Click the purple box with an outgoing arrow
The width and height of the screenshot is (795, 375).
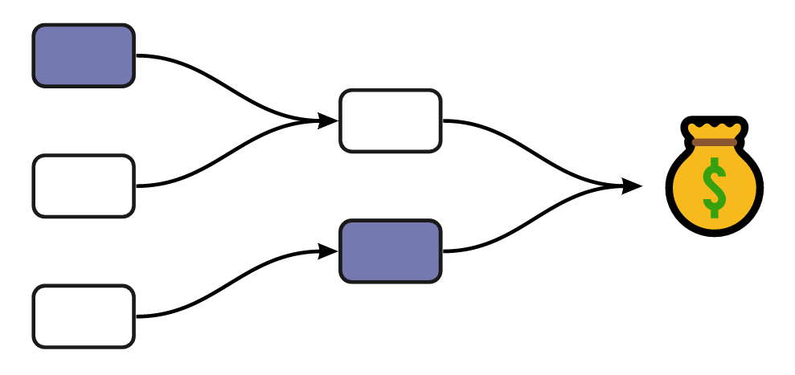[84, 55]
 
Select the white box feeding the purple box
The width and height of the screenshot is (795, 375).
[84, 316]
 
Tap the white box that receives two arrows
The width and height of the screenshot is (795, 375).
[391, 120]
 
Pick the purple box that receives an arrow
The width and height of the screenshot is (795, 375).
[391, 251]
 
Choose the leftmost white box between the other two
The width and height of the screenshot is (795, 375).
[84, 185]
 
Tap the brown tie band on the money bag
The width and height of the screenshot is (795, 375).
[714, 142]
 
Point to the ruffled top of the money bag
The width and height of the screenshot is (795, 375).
[714, 128]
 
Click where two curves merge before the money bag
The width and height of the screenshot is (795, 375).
[607, 186]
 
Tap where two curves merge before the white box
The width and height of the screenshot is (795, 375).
[301, 120]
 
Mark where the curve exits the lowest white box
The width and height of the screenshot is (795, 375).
[137, 316]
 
